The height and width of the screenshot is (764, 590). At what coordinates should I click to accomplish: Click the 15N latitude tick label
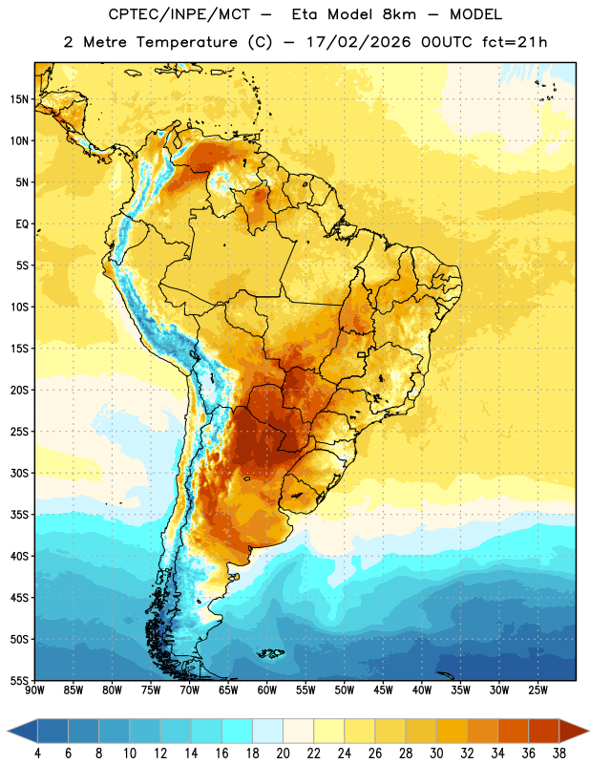tap(19, 99)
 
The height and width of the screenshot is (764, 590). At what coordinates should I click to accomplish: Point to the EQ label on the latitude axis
tap(22, 224)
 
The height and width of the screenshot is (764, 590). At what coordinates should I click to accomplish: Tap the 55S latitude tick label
tap(19, 681)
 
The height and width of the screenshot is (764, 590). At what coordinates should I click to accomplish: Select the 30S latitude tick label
tap(19, 473)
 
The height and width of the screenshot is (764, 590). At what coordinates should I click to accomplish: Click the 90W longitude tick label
tap(34, 690)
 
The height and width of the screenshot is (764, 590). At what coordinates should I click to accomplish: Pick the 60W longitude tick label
tap(267, 690)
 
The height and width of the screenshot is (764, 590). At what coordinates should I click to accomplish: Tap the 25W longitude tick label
tap(537, 690)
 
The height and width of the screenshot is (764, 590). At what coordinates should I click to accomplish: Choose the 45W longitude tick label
tap(383, 690)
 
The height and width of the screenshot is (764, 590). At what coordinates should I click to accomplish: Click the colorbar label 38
tap(559, 753)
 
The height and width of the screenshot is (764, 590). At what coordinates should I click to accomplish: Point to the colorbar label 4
tap(37, 753)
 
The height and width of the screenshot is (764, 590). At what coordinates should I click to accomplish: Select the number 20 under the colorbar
tap(283, 753)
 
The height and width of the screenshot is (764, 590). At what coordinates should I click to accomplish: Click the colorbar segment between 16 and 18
tap(238, 731)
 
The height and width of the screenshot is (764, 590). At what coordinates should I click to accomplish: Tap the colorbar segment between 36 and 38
tap(544, 731)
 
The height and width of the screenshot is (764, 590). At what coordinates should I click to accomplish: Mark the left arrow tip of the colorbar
tap(8, 731)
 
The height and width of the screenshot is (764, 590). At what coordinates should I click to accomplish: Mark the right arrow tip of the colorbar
tap(588, 731)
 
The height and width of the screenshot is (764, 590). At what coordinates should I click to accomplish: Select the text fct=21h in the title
tap(515, 42)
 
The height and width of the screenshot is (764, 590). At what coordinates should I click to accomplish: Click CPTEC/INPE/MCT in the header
tap(179, 14)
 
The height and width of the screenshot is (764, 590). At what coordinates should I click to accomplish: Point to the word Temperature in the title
tap(186, 42)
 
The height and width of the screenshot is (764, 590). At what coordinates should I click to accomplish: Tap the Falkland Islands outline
tap(271, 653)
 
